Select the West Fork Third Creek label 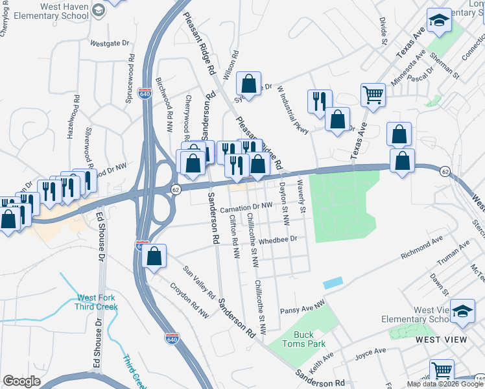[97, 303]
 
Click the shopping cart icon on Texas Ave [373, 95]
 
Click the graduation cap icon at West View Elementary [462, 311]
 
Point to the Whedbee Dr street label [279, 239]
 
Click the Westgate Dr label [110, 44]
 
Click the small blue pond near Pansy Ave [332, 283]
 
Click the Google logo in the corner [22, 381]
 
